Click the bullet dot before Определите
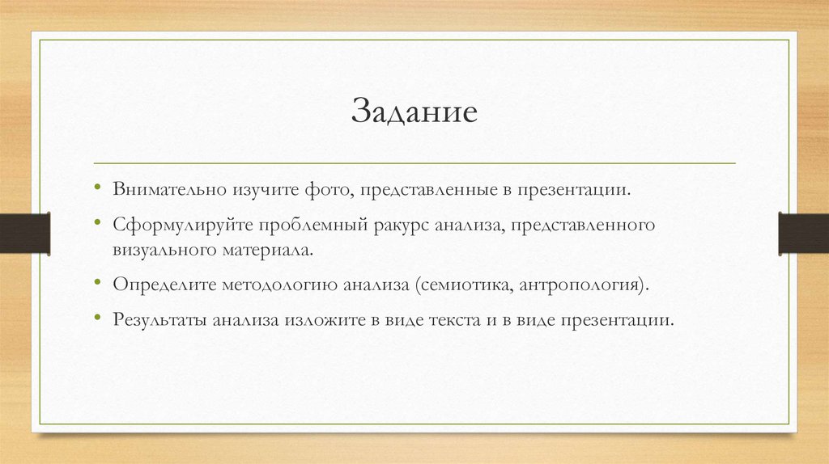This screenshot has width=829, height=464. click(96, 284)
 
